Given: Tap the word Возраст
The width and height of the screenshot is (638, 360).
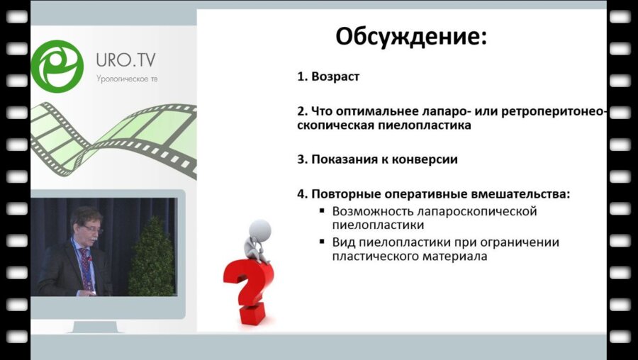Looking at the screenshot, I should point(335,77).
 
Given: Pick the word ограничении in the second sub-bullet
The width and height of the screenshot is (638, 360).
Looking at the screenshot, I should point(522,242).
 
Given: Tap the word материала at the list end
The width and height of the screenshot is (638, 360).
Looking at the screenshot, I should point(452,257).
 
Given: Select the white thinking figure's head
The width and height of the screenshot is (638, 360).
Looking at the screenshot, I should point(262,229).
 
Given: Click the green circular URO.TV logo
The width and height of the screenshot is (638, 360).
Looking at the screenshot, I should point(57,67).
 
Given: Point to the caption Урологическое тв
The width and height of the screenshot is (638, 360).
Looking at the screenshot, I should point(127,79).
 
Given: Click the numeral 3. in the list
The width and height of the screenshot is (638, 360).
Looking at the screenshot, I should point(303,159).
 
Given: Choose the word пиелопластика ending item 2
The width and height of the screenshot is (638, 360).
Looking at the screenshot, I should point(432,125).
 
